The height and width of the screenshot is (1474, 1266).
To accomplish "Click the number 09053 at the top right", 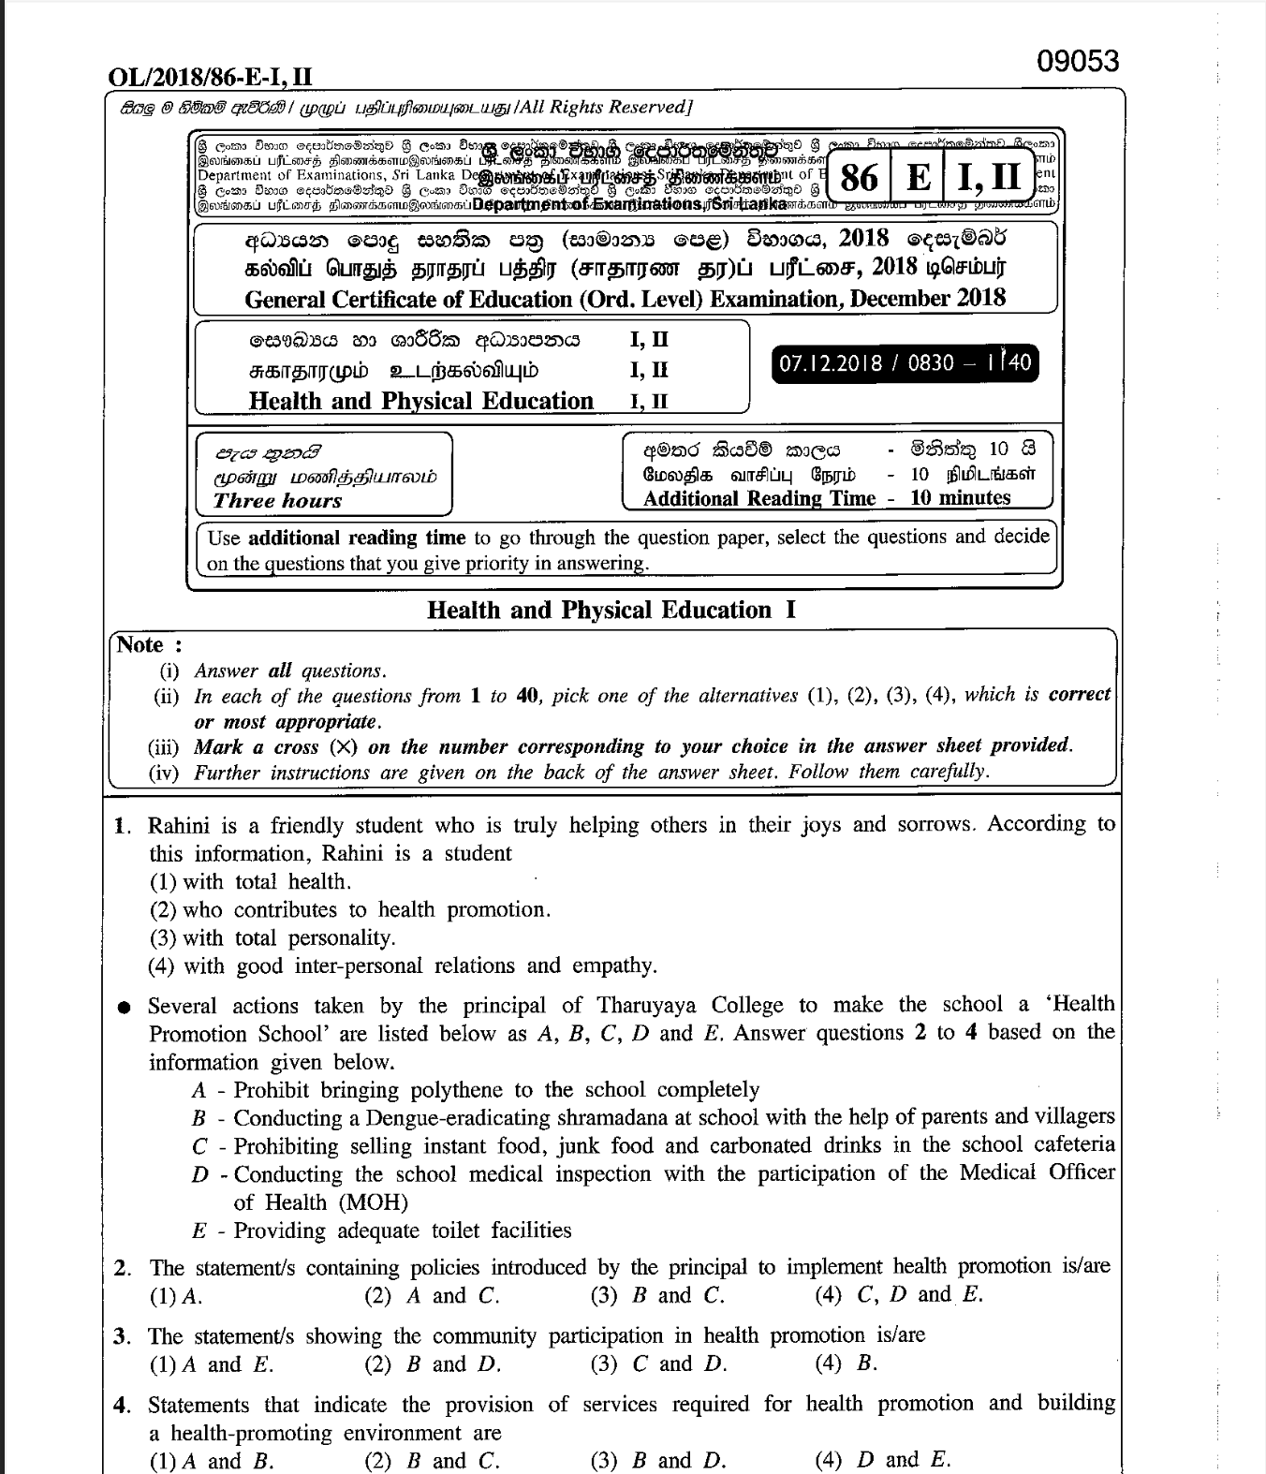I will coord(1078,62).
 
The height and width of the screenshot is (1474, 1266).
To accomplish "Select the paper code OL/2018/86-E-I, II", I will coord(212,77).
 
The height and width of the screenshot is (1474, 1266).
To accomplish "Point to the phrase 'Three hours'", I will coord(277,500).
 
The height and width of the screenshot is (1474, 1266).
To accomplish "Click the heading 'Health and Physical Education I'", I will coord(611,611).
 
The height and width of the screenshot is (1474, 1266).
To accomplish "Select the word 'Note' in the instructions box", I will coord(140,645).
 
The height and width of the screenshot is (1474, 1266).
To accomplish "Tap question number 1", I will coord(122,826).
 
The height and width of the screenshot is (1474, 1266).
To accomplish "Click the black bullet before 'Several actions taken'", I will coord(124,1008).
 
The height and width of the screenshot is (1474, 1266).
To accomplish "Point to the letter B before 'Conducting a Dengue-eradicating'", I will coord(199,1118).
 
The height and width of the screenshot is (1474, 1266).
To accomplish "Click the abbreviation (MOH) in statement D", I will coord(374,1202).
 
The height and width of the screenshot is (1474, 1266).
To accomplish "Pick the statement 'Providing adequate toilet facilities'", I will coord(403,1231).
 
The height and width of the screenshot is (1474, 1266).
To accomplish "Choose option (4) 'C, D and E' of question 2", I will coord(899,1296).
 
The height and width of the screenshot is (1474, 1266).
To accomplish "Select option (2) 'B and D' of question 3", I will coord(432,1364).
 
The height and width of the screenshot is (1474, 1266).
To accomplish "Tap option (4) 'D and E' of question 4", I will coord(882,1460).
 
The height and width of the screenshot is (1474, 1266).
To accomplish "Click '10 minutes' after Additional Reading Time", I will coord(961,498).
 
